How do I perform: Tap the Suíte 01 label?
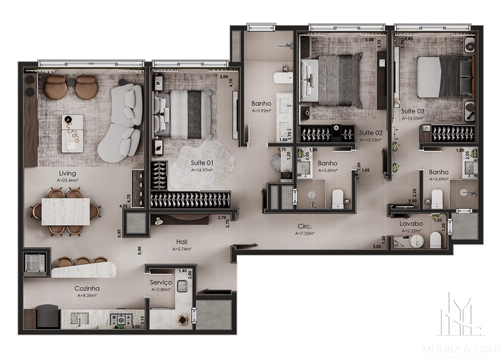coord(202,163)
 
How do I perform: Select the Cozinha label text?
coord(87,288)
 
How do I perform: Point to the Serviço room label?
coord(161,282)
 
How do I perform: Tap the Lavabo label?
coord(410,223)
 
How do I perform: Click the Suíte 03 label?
coord(413,111)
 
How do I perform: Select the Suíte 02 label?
coord(371,132)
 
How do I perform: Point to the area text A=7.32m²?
coord(306,233)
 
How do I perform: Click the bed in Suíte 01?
coord(183,113)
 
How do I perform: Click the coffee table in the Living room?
coord(72,132)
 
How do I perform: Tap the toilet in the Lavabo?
coord(435,240)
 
